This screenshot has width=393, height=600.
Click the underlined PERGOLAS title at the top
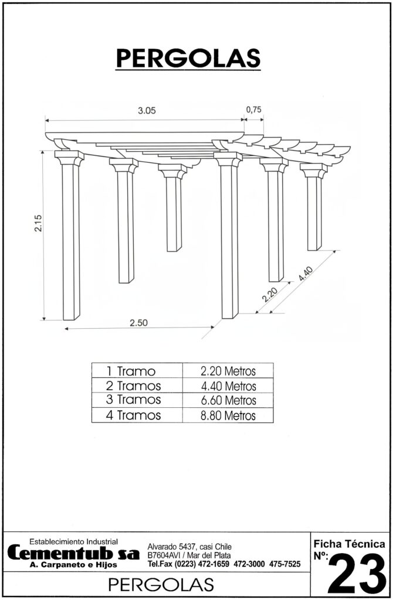188,59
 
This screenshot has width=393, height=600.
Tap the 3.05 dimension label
147,111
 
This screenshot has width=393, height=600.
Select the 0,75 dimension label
253,110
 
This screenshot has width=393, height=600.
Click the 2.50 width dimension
138,323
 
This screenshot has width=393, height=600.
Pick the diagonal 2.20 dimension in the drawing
270,295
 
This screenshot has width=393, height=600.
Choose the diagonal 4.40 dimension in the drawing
306,274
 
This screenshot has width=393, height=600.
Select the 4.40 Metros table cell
228,386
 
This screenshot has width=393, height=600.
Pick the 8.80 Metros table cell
228,415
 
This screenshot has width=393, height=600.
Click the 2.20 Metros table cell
228,370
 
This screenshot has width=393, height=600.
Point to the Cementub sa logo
73,553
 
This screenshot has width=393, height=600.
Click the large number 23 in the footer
357,574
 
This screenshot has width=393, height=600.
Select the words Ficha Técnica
350,544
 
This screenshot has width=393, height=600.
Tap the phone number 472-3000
249,564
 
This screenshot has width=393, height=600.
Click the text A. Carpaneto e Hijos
73,565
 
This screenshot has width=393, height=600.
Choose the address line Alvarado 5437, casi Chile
189,547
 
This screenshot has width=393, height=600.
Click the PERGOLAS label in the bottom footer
161,585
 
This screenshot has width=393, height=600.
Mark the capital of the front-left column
69,158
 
